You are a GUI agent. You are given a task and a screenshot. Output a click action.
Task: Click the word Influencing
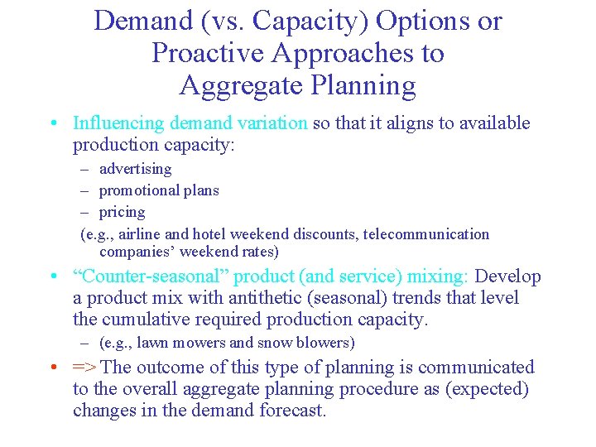point(118,123)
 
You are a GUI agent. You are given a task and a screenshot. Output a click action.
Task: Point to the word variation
point(270,123)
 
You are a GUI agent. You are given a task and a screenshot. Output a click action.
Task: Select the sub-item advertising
point(135,169)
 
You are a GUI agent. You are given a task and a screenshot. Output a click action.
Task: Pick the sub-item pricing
point(122,212)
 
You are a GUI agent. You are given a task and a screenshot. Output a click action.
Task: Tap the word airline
point(148,234)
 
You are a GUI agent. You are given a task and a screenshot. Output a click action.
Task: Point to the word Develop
point(507,276)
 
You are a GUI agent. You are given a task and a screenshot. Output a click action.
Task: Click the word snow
point(275,343)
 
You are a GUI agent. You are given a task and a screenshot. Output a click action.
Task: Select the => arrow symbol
point(84,368)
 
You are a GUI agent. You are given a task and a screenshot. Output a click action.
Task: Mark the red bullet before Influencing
point(52,123)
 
